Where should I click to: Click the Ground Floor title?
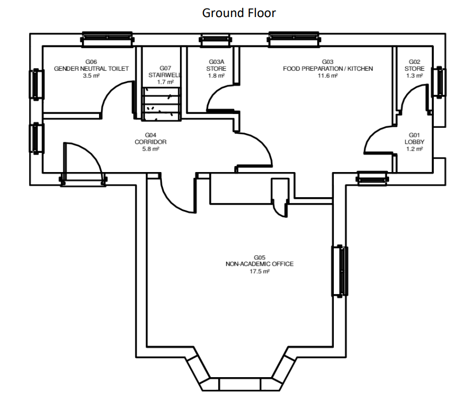point(238,13)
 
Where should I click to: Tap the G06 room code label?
point(91,62)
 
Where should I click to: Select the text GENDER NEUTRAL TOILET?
point(91,69)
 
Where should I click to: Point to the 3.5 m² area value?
point(91,76)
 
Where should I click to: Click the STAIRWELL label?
point(165,75)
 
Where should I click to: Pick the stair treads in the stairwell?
point(161,104)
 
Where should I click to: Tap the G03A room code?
point(216,62)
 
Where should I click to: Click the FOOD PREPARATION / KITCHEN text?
point(328,69)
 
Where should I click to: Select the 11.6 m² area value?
point(328,76)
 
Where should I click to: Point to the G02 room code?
point(414,62)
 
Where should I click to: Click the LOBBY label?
point(414,142)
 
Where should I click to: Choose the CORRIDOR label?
point(151,142)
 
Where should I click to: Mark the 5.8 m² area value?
point(151,149)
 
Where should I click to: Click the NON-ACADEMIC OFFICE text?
point(259,264)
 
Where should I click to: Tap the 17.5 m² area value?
point(259,271)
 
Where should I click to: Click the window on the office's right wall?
point(340,271)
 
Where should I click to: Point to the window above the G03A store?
point(216,40)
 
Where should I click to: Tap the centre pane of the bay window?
point(240,384)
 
